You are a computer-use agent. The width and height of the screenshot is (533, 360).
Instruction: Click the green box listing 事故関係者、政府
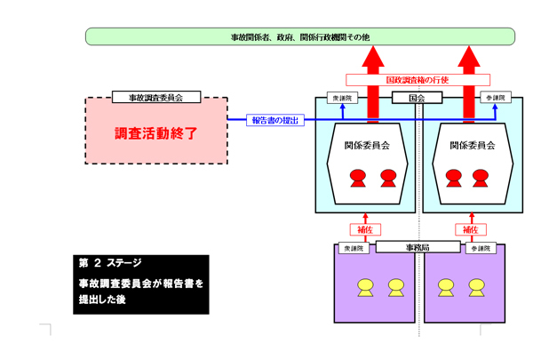click(x=299, y=36)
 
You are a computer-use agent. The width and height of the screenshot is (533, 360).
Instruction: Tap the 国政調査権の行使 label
click(x=418, y=79)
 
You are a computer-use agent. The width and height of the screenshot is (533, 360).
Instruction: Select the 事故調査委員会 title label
click(x=156, y=97)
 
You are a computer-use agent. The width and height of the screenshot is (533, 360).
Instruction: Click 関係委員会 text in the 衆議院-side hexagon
click(x=369, y=145)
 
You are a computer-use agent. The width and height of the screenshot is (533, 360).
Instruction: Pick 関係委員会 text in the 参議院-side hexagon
click(x=472, y=145)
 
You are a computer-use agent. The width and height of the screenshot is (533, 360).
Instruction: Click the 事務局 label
click(x=417, y=246)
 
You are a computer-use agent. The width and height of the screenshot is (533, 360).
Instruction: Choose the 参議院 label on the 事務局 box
click(x=481, y=248)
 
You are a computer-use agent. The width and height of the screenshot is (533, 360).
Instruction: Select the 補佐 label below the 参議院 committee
click(x=469, y=228)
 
